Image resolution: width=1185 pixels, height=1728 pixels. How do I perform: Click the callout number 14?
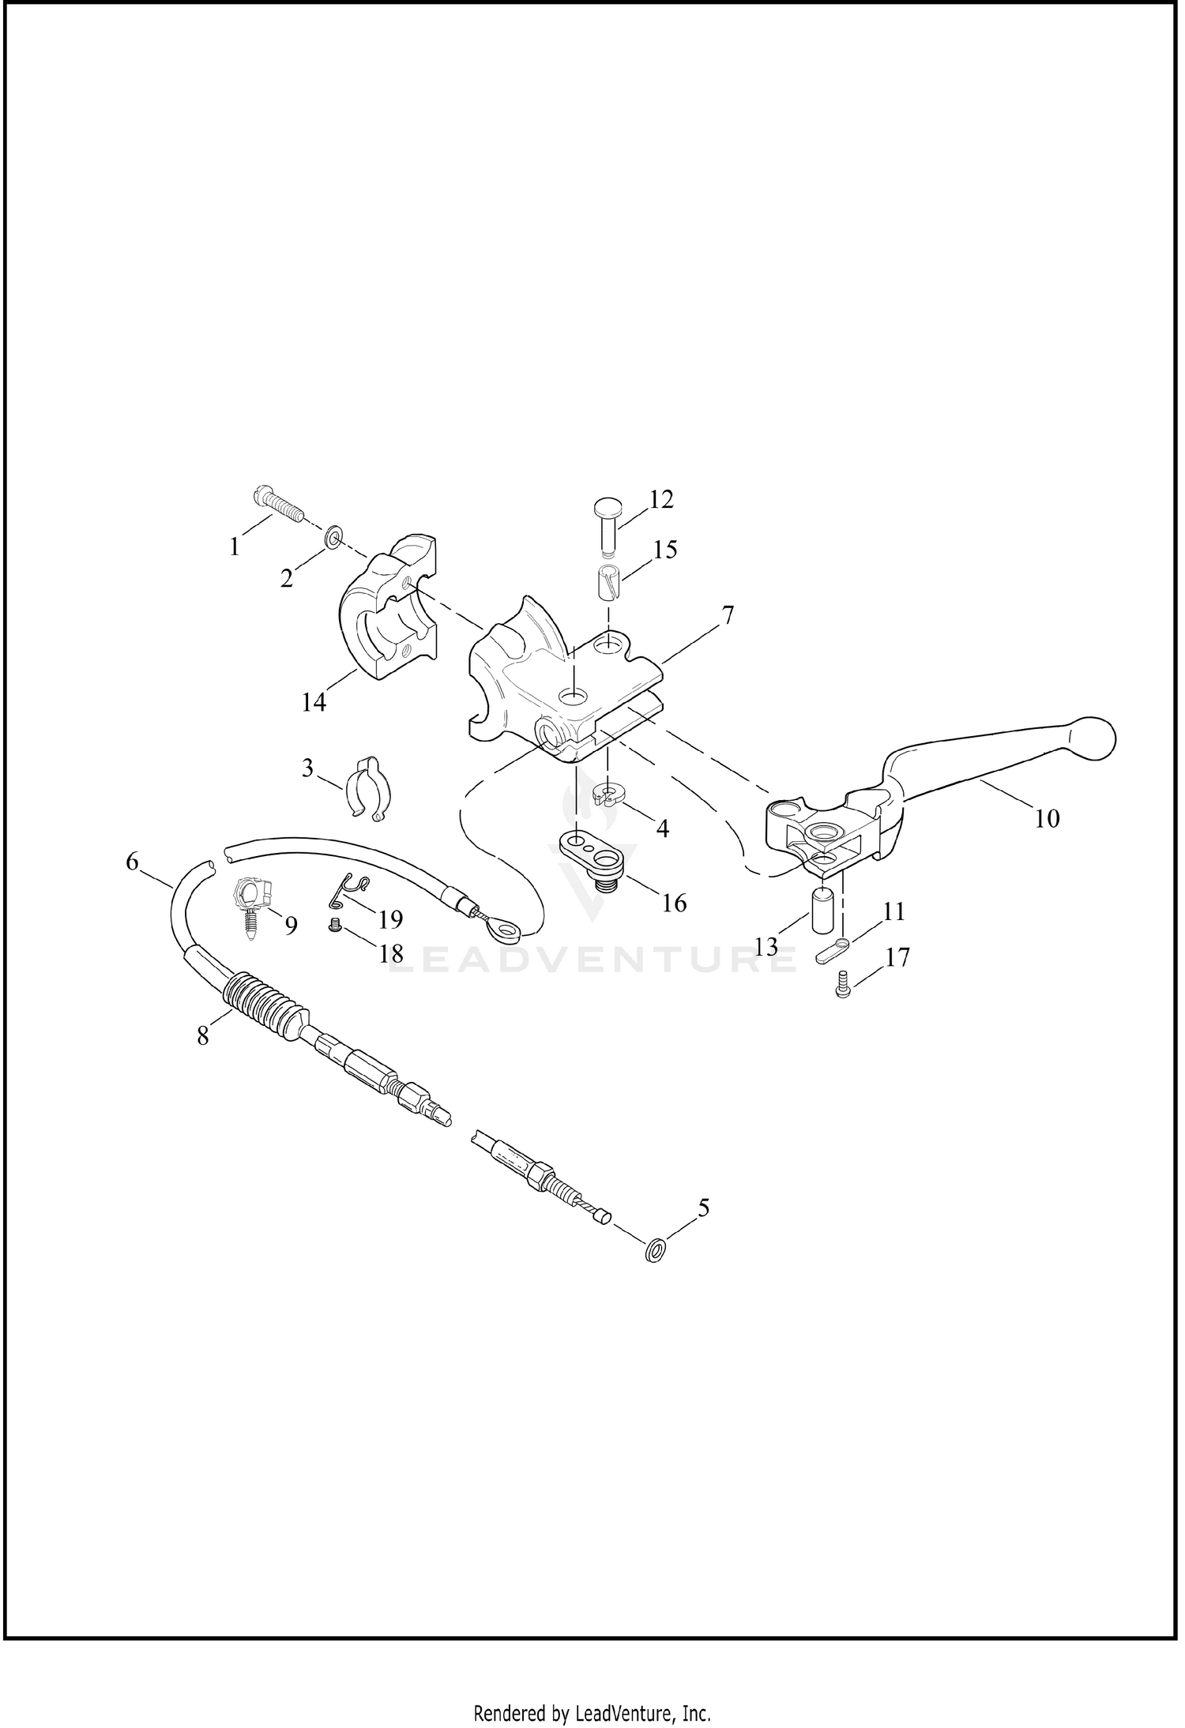[x=314, y=701]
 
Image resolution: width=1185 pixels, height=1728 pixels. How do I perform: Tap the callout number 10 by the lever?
[x=1047, y=819]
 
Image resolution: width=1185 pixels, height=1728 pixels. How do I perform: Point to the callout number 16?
[x=674, y=902]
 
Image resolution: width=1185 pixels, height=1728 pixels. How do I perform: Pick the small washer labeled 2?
[x=334, y=539]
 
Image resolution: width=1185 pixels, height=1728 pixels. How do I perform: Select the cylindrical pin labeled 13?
[x=823, y=909]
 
